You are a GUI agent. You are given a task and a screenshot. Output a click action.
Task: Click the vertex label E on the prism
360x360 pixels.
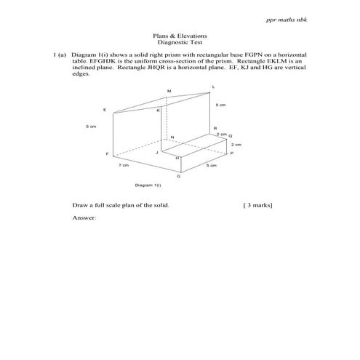pyautogui.click(x=105, y=110)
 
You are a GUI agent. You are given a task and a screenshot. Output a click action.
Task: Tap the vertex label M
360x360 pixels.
pyautogui.click(x=169, y=91)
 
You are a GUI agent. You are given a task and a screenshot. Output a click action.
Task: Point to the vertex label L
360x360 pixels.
pyautogui.click(x=213, y=86)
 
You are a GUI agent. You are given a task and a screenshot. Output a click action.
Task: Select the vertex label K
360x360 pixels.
pyautogui.click(x=159, y=110)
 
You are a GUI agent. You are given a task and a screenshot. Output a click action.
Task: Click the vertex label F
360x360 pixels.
pyautogui.click(x=107, y=154)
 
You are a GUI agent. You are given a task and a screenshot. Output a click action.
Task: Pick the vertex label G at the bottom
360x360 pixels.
pyautogui.click(x=180, y=177)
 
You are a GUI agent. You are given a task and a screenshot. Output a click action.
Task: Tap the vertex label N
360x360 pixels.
pyautogui.click(x=172, y=137)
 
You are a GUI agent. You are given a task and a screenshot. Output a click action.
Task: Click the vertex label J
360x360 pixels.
pyautogui.click(x=156, y=153)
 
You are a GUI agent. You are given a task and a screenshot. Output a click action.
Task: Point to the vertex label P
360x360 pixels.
pyautogui.click(x=231, y=154)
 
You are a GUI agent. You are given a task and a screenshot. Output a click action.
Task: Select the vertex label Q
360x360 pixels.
pyautogui.click(x=231, y=136)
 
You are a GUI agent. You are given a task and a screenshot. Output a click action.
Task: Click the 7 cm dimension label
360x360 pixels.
pyautogui.click(x=124, y=166)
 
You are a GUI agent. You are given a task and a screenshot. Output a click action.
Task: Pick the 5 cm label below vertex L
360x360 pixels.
pyautogui.click(x=220, y=105)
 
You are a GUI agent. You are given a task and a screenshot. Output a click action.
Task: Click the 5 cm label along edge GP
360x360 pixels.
pyautogui.click(x=212, y=166)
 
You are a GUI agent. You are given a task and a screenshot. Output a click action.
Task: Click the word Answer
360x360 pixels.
pyautogui.click(x=84, y=218)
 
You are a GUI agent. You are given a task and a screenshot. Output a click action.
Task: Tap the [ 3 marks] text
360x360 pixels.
pyautogui.click(x=258, y=206)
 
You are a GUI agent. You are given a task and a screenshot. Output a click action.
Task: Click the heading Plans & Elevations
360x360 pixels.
pyautogui.click(x=180, y=36)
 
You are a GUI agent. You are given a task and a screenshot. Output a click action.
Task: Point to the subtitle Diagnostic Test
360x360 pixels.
pyautogui.click(x=180, y=43)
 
